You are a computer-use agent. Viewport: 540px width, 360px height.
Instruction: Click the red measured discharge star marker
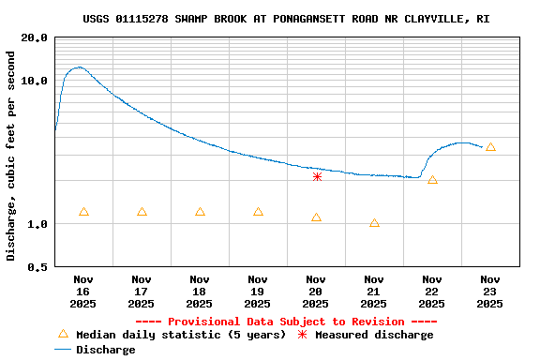coord(317,176)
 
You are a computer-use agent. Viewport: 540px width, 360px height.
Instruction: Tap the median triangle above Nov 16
coord(84,212)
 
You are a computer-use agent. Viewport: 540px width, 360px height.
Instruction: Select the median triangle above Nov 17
coord(142,212)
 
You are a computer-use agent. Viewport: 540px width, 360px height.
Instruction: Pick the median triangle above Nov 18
coord(200,212)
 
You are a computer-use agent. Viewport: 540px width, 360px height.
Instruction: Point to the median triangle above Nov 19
coord(258,212)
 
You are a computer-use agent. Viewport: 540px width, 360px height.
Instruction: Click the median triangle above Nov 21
coord(374,223)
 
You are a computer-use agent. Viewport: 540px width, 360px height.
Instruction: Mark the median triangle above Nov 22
coord(432,180)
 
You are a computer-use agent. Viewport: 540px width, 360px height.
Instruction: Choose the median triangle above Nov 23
coord(490,147)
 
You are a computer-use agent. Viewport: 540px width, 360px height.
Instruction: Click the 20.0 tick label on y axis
coord(35,38)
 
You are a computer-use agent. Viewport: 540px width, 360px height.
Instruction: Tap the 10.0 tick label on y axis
coord(35,81)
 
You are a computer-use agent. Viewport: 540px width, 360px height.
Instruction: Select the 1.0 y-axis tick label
coord(37,224)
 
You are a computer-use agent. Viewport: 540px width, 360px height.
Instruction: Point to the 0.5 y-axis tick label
coord(37,267)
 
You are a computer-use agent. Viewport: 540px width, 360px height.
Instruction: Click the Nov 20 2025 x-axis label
coord(316,291)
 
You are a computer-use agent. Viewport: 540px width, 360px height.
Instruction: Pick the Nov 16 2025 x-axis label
coord(83,291)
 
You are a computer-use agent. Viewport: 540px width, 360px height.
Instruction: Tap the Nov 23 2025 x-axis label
coord(490,291)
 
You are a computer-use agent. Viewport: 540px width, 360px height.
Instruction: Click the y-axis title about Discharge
coord(11,156)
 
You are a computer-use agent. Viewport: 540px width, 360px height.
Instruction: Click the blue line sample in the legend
coord(63,350)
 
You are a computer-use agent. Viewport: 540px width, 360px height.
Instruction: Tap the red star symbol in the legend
coord(303,335)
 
